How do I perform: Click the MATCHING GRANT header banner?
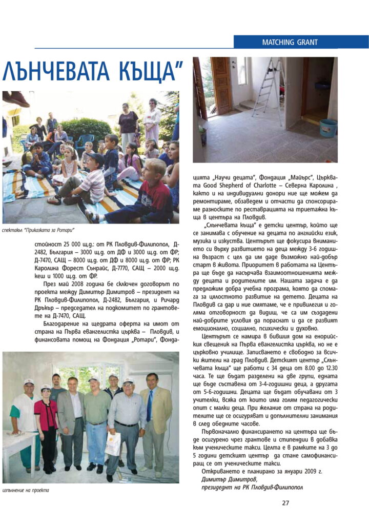(x=301, y=42)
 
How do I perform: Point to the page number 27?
(x=285, y=502)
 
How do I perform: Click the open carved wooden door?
(x=222, y=85)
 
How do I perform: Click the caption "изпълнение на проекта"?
(x=26, y=490)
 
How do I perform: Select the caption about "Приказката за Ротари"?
(x=38, y=229)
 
